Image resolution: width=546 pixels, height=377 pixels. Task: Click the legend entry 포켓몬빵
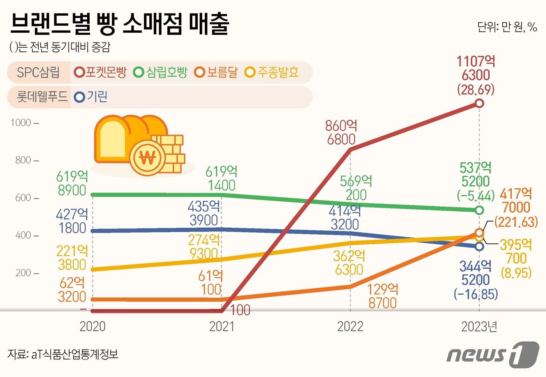point(101,73)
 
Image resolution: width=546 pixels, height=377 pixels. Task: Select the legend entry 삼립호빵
point(161,73)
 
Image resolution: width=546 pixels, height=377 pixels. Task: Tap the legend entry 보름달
point(216,73)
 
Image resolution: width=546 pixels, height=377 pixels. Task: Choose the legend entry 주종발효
point(272,73)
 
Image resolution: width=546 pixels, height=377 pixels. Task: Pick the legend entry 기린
point(91,97)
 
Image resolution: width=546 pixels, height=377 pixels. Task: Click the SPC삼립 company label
point(38,73)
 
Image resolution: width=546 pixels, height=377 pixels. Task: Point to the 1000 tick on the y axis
point(24,123)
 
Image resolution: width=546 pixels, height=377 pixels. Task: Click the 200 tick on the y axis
point(27,273)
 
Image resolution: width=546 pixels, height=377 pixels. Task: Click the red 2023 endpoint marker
point(479,103)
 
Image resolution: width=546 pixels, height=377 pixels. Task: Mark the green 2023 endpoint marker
point(479,211)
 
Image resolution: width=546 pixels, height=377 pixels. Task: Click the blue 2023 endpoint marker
point(479,246)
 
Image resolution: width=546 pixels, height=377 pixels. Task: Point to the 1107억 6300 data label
point(476,68)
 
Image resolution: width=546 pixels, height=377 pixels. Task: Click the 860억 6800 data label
point(341,133)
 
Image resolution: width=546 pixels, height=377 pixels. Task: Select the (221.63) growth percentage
point(516,222)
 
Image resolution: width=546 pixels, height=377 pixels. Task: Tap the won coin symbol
point(147,158)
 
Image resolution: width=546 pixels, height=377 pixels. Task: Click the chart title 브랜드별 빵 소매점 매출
point(119,24)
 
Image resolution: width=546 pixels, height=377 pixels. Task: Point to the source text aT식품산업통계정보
point(74,354)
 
